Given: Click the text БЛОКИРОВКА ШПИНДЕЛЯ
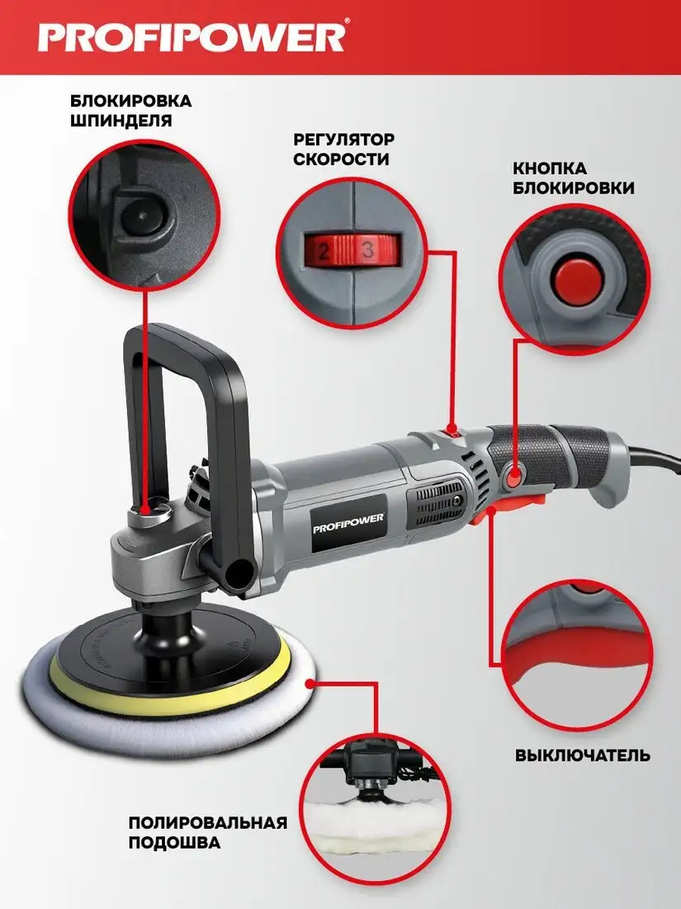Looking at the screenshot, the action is pos(131,111).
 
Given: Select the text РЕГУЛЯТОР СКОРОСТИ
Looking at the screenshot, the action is pos(344,150).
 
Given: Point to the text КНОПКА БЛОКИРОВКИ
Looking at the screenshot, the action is pos(573,178).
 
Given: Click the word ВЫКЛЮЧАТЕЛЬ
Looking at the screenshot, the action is pos(583,756).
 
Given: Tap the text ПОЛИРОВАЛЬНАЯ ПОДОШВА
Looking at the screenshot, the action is pos(207,832).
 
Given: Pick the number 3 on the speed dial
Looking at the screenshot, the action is pos(367,250).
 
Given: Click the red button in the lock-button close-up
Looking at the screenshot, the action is pos(574,278).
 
